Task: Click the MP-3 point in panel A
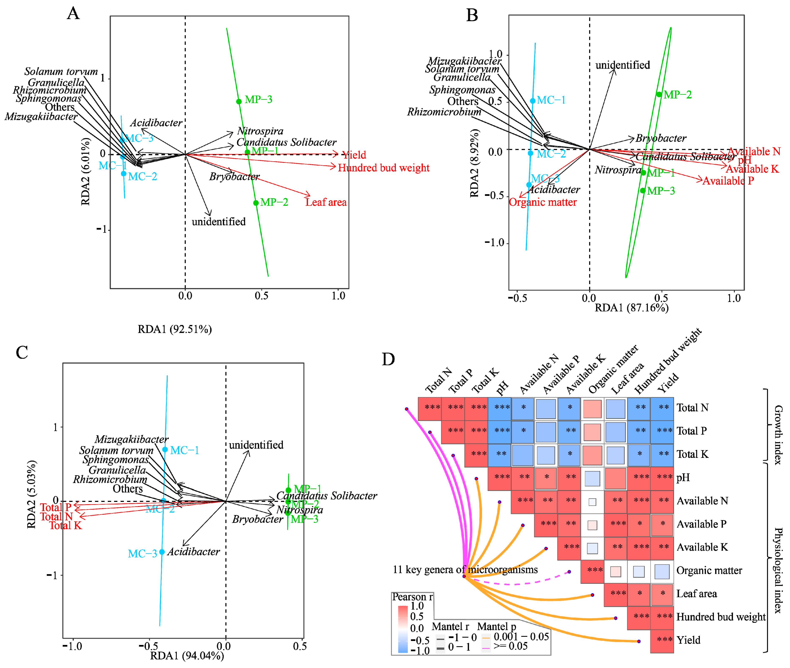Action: [239, 102]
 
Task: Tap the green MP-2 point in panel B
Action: [659, 94]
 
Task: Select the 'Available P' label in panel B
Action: [728, 181]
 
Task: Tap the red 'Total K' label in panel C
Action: [65, 526]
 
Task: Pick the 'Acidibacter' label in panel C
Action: [194, 552]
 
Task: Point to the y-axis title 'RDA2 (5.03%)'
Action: [32, 494]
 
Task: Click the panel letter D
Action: [388, 359]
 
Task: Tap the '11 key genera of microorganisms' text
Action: [465, 570]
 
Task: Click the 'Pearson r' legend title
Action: [412, 597]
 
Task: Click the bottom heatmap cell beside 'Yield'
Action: [662, 640]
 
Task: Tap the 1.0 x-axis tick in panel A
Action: [338, 296]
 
